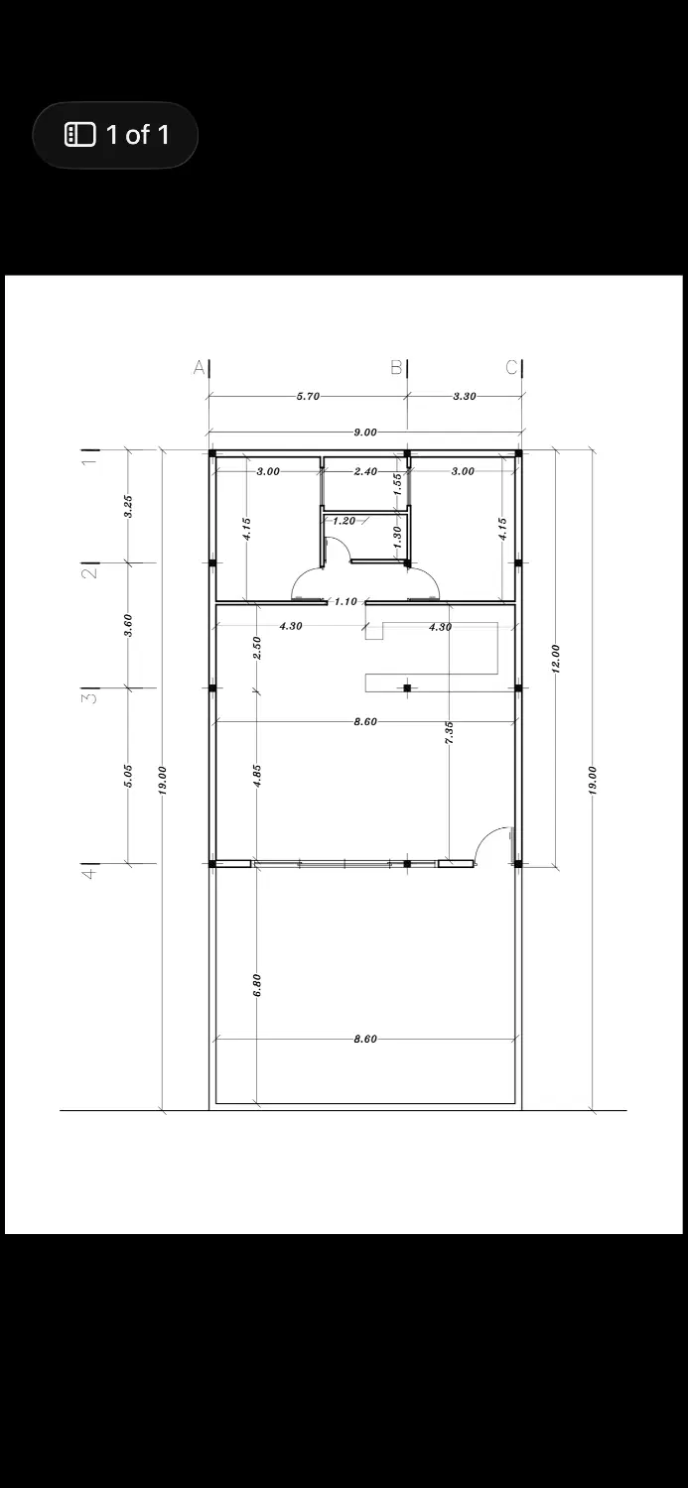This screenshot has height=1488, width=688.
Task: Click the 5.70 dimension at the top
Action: [x=308, y=397]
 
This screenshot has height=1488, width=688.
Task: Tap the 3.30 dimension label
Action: [x=465, y=397]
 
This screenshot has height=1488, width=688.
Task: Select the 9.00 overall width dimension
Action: [x=365, y=433]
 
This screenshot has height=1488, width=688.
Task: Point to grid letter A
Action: [x=199, y=367]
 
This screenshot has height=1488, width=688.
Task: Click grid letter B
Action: [x=396, y=367]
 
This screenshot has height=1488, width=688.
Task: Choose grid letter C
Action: [x=511, y=367]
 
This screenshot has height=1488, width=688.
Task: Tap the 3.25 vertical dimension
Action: [x=129, y=506]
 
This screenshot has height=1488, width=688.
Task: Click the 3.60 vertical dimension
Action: [x=129, y=625]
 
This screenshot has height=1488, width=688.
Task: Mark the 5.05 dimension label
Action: [x=129, y=776]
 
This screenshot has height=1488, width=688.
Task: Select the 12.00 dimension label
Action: [x=556, y=659]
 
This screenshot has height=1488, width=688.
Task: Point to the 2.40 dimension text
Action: [x=365, y=471]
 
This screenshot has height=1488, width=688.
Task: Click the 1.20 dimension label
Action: [x=344, y=521]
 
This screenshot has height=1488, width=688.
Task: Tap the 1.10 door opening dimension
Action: [x=345, y=602]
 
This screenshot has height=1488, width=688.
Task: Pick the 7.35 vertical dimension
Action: [x=450, y=733]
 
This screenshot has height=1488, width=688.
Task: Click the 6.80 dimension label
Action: [x=257, y=985]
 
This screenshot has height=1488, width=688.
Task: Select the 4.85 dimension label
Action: [x=257, y=776]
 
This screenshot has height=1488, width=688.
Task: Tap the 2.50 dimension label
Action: [x=257, y=649]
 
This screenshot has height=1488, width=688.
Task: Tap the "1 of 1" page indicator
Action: [x=138, y=135]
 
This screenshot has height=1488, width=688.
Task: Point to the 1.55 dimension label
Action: [x=397, y=484]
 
